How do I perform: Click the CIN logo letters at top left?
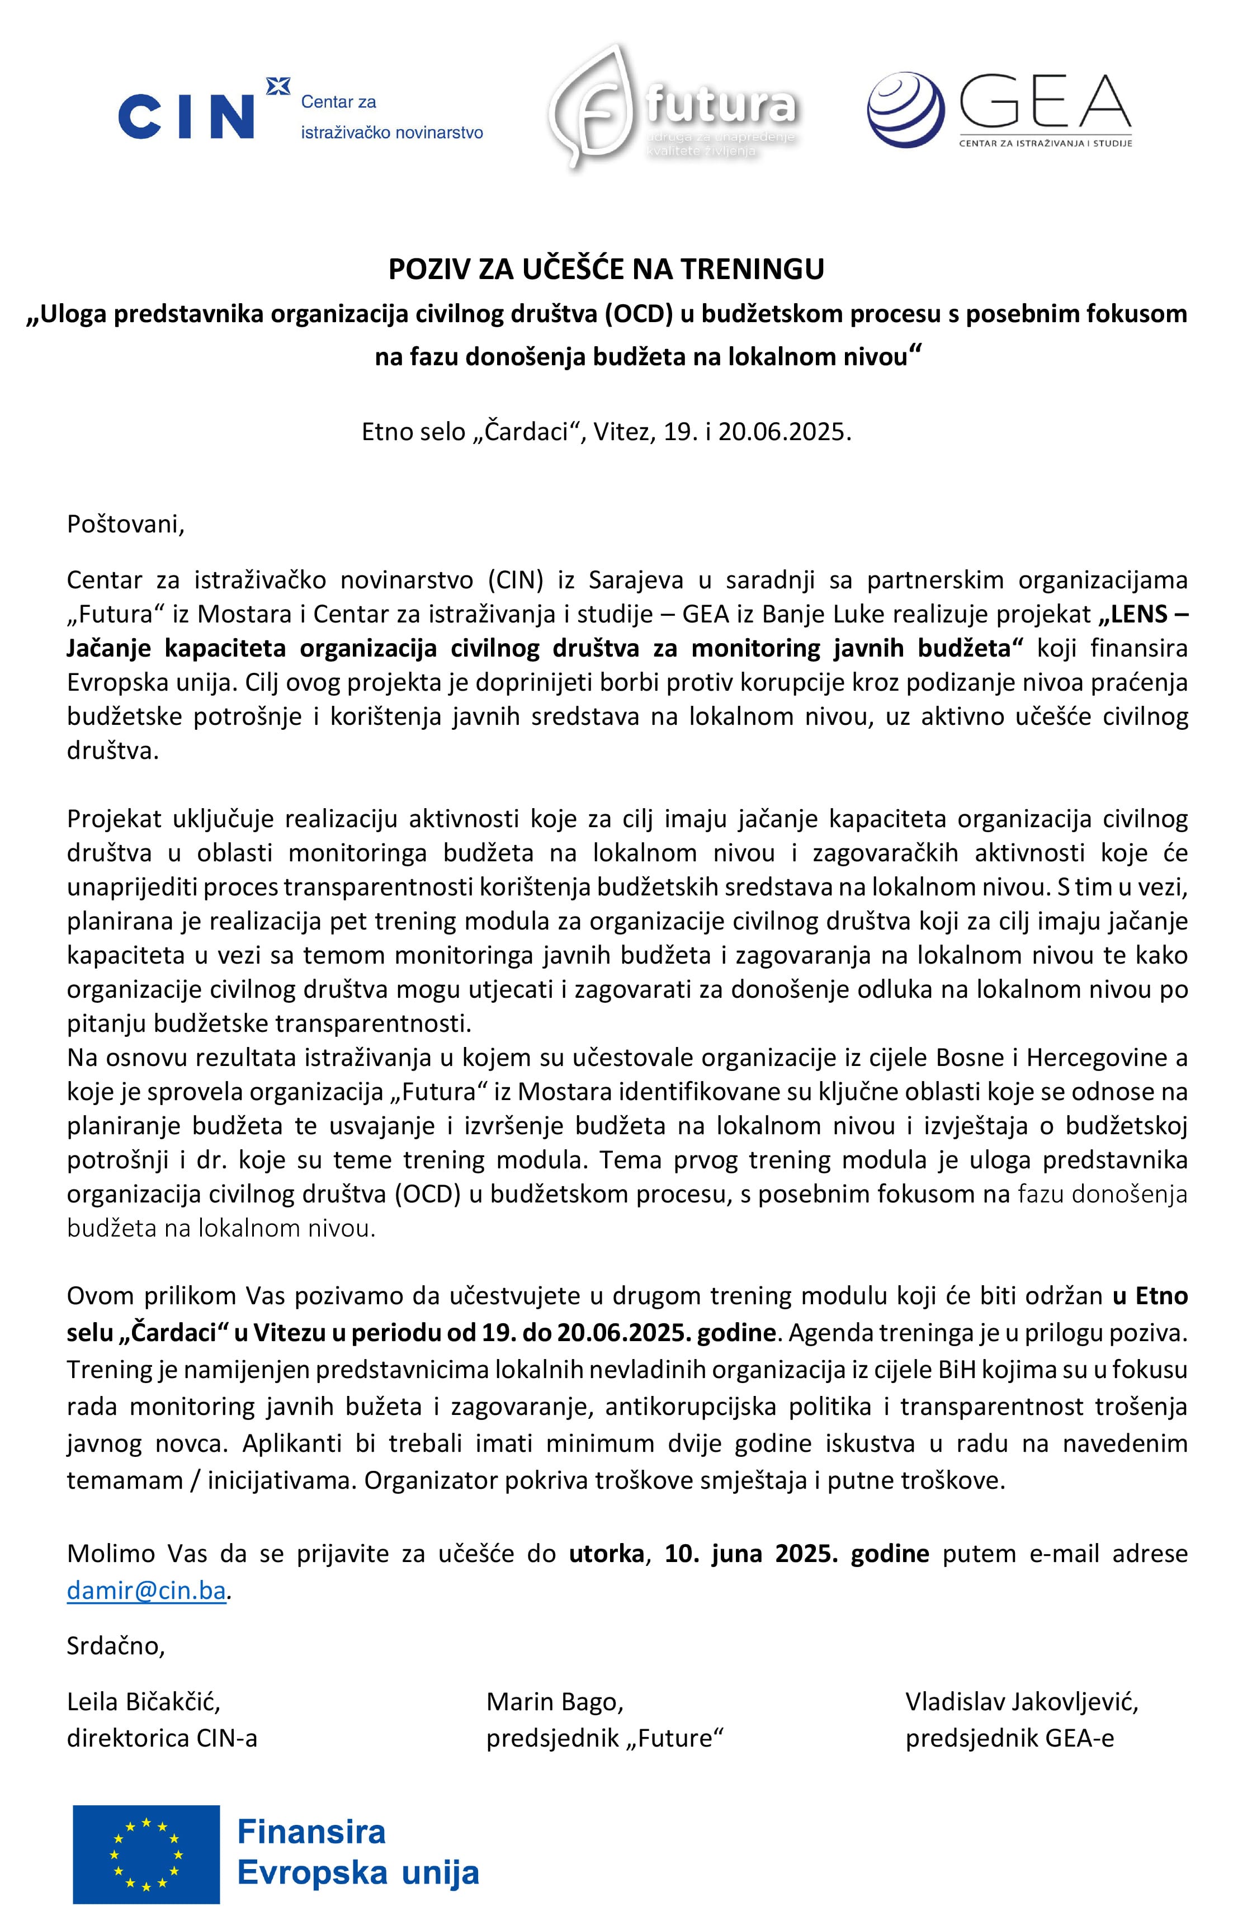(186, 117)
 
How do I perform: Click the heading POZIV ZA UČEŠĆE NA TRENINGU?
(606, 269)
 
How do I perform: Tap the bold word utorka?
(606, 1554)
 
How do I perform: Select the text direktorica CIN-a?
(162, 1738)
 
